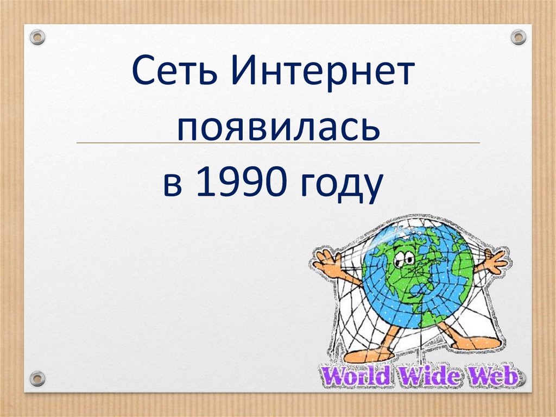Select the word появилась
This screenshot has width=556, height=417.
(277, 129)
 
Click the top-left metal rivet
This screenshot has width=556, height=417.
(37, 38)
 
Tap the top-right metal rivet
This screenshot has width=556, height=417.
(519, 37)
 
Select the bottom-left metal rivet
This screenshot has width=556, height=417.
(37, 377)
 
